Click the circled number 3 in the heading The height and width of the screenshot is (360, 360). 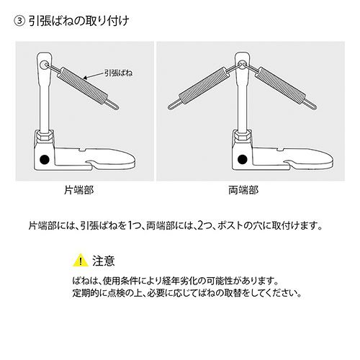[x=19, y=21]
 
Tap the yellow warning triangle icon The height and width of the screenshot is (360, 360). [x=81, y=261]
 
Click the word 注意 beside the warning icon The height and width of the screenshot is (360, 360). [x=104, y=261]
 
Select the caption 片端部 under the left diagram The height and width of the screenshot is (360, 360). [x=78, y=190]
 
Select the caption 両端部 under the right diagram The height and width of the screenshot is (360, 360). [x=243, y=190]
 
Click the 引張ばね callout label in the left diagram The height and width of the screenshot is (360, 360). [x=118, y=73]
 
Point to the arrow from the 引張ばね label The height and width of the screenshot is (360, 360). [x=94, y=76]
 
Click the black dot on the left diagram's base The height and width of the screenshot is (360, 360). [x=45, y=159]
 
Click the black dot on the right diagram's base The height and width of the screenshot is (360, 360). [x=243, y=159]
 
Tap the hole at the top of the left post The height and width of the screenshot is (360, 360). [x=44, y=65]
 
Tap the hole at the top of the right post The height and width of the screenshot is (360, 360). [x=243, y=65]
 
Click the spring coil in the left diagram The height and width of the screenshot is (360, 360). [x=81, y=86]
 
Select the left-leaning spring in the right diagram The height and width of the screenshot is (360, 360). [x=203, y=86]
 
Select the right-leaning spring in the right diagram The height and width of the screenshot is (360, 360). [x=281, y=86]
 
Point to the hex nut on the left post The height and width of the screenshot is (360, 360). [x=45, y=136]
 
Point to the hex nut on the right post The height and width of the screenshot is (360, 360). [x=243, y=136]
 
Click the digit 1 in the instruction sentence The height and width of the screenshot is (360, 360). [x=130, y=226]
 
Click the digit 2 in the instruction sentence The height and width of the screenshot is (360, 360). [x=201, y=226]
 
